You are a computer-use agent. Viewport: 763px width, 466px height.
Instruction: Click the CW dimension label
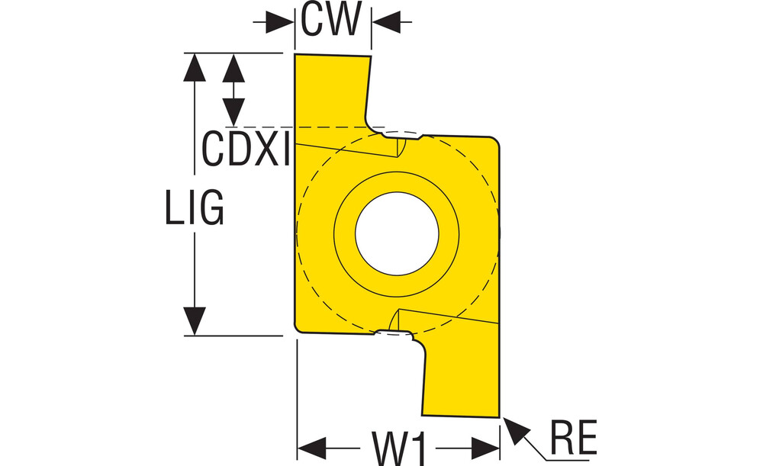pos(330,21)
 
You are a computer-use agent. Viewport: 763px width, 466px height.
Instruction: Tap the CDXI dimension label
pos(246,148)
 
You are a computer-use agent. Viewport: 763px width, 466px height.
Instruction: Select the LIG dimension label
pos(195,207)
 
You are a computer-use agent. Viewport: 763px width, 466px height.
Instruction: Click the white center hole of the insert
pos(397,234)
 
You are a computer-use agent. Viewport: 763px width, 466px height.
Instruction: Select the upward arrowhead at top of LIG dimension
pos(195,66)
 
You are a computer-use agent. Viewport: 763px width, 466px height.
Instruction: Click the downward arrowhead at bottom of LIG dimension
pos(195,321)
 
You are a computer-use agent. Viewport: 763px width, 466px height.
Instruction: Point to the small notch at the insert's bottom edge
pos(394,333)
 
